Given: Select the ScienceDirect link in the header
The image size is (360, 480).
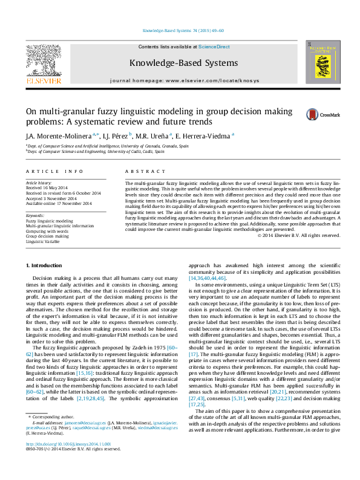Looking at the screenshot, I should pyautogui.click(x=214, y=47).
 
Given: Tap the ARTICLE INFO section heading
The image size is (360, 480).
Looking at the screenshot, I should pyautogui.click(x=54, y=172).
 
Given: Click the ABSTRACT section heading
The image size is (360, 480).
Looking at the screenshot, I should pyautogui.click(x=140, y=172).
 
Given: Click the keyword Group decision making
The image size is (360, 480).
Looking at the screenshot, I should pyautogui.click(x=47, y=236).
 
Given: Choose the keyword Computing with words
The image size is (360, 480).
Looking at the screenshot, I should pyautogui.click(x=47, y=231).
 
